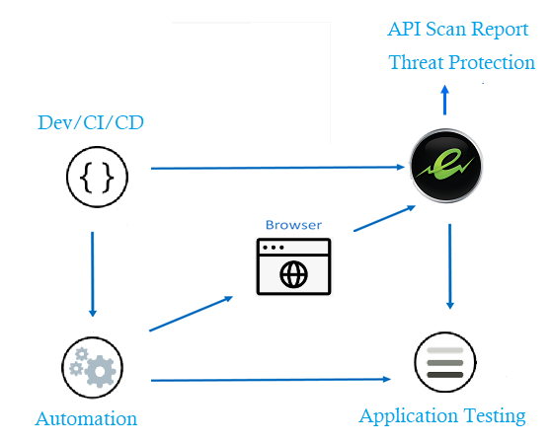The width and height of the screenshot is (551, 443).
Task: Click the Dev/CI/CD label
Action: click(x=89, y=122)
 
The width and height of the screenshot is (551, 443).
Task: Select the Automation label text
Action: click(x=86, y=418)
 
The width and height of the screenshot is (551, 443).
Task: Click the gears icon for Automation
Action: click(x=93, y=367)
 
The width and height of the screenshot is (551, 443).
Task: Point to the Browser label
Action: click(x=293, y=225)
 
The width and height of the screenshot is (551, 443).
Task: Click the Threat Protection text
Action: click(x=461, y=62)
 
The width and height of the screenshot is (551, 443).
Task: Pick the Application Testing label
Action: click(x=441, y=415)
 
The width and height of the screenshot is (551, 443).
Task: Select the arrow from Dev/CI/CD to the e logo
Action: click(x=276, y=169)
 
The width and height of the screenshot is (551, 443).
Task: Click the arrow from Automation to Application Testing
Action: click(x=276, y=379)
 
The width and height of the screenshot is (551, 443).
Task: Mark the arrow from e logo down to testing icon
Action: click(x=450, y=266)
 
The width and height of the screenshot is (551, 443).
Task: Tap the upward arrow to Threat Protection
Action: click(x=445, y=100)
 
